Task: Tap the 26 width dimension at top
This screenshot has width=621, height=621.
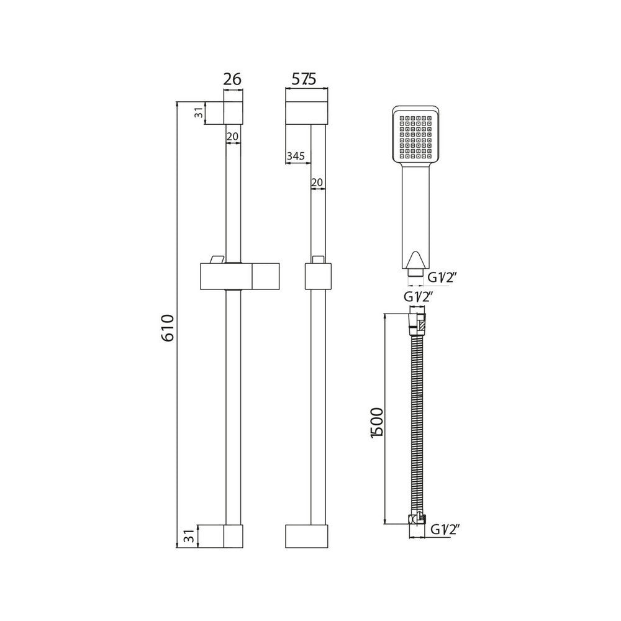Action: coord(232,79)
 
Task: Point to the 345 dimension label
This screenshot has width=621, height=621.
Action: coord(296,156)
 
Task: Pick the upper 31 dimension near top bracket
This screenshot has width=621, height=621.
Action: coord(198,113)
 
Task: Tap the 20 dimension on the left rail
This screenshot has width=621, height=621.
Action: coord(232,136)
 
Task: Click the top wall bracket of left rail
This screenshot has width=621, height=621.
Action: coord(233,113)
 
